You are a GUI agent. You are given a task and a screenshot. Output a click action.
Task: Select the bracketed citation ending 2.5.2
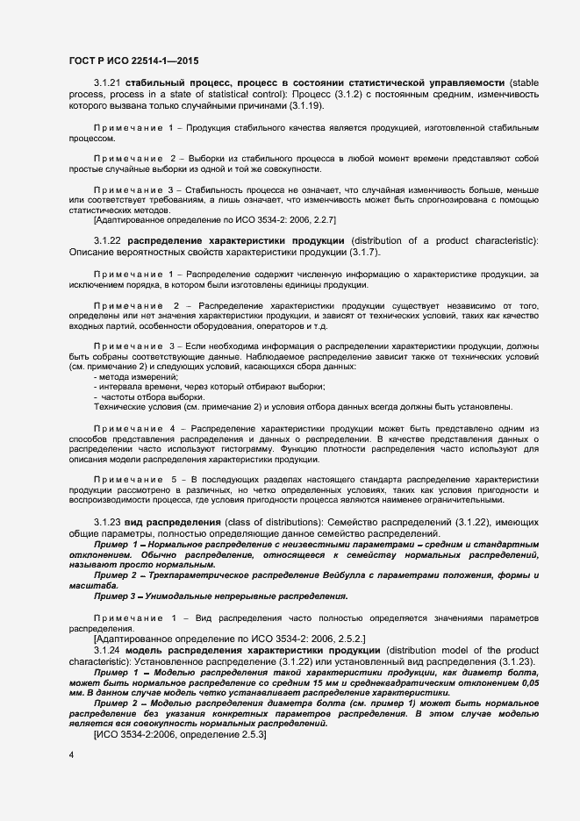[229, 639]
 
